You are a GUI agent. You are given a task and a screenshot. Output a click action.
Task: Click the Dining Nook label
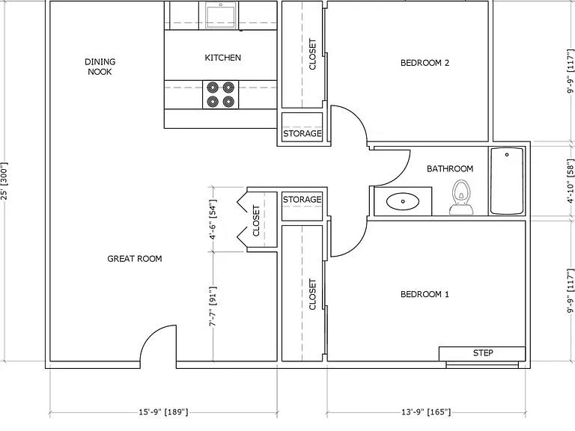click(x=100, y=67)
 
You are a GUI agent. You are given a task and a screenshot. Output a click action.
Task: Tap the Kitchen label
click(x=222, y=58)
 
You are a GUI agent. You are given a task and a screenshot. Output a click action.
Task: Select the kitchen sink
click(x=221, y=14)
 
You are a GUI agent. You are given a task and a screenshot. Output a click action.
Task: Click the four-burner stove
click(x=220, y=94)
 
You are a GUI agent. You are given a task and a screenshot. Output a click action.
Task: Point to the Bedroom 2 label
click(x=425, y=63)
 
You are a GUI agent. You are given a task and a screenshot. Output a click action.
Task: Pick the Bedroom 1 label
click(x=425, y=294)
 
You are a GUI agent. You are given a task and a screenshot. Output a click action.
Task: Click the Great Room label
click(x=135, y=259)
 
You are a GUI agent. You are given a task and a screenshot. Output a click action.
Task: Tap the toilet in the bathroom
click(x=461, y=197)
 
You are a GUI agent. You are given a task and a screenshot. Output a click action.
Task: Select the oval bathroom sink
click(x=403, y=201)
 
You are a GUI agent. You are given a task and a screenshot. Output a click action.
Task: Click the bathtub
click(x=507, y=180)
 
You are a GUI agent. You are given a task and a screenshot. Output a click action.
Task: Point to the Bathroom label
click(x=450, y=168)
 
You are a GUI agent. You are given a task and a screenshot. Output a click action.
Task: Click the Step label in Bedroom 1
click(x=483, y=352)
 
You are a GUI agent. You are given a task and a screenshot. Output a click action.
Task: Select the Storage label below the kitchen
click(x=302, y=133)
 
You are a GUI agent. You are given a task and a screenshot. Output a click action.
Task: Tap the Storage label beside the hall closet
click(x=302, y=199)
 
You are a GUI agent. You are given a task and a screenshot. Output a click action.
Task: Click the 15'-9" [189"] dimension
click(x=163, y=412)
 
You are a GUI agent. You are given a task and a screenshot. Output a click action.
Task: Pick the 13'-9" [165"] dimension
click(x=426, y=412)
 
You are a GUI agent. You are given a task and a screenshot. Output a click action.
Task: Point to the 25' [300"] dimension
click(x=4, y=181)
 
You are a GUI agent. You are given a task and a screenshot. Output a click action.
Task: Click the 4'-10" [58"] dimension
click(x=571, y=181)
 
